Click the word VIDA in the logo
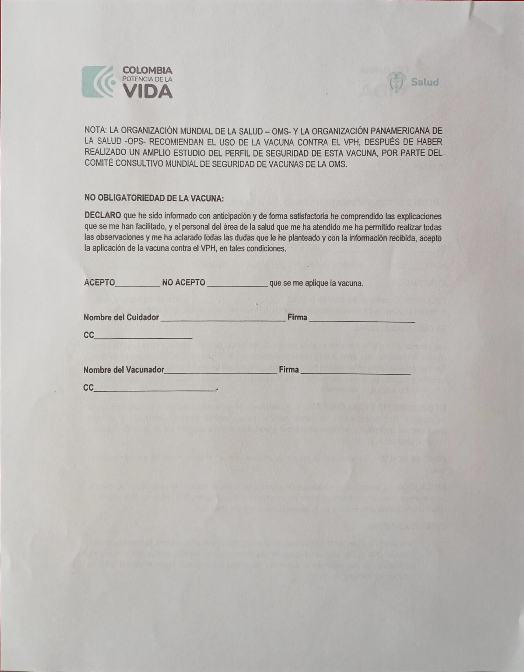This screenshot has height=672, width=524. [x=148, y=91]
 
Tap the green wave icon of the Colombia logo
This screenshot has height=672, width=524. [x=98, y=82]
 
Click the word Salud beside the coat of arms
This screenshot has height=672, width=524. [x=425, y=83]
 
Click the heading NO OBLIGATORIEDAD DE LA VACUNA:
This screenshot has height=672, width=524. [x=154, y=199]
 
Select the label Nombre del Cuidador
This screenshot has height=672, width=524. [x=121, y=317]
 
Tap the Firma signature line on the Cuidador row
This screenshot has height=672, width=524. [x=362, y=321]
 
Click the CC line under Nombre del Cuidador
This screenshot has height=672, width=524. [x=143, y=338]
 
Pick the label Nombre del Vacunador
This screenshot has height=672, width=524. [x=124, y=370]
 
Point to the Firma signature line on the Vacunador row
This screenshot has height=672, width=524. [x=355, y=373]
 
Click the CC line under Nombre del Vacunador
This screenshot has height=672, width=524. [x=155, y=390]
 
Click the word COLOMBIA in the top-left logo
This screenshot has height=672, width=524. [x=147, y=70]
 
